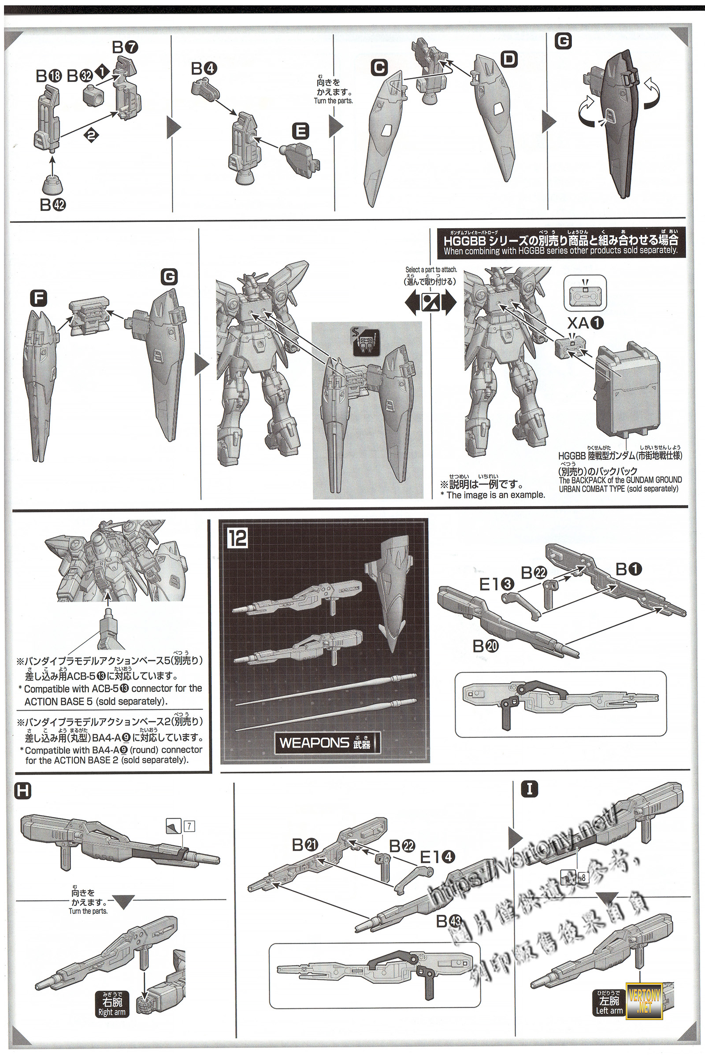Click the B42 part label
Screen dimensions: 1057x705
(x=52, y=205)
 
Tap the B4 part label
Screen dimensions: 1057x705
(x=204, y=69)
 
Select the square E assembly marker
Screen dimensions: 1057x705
(x=301, y=132)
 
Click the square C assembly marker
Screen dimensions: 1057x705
(x=379, y=68)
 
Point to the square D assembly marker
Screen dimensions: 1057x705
(x=509, y=59)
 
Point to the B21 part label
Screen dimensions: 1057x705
(x=305, y=845)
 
